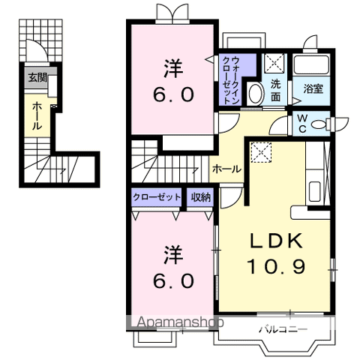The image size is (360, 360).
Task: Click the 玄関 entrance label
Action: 37,78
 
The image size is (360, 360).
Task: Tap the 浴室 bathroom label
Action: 313,88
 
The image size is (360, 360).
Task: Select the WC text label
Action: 302,123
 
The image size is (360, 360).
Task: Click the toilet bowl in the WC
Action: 319,124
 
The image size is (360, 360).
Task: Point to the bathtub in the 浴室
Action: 311,64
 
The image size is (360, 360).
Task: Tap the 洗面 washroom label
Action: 275,91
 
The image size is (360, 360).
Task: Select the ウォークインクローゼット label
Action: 231,80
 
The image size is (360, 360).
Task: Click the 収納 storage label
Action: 201,197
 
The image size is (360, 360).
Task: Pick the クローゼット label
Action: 157,197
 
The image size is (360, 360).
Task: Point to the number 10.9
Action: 276,266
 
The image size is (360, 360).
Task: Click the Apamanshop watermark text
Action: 180,322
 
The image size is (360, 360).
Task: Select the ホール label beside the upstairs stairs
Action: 226,169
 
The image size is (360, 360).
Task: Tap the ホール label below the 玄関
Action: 37,115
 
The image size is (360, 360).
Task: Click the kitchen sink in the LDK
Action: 315,191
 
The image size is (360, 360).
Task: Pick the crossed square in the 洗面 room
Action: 274,63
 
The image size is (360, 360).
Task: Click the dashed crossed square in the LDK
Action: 261,152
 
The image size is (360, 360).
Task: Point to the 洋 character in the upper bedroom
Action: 173,68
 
